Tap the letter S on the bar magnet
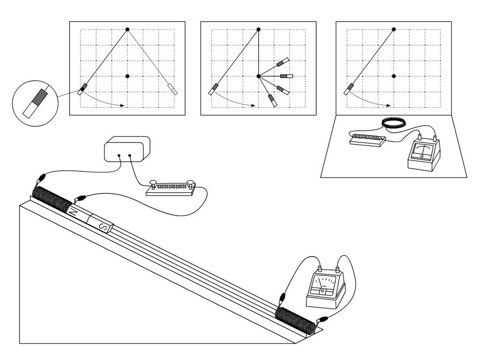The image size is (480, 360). click(x=105, y=228)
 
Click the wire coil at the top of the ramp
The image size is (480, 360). click(x=52, y=200)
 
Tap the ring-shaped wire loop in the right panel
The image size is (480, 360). click(x=394, y=123)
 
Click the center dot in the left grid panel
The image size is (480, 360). click(x=127, y=76)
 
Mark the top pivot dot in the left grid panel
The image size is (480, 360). click(x=127, y=30)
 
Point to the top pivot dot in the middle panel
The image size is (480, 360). click(x=258, y=30)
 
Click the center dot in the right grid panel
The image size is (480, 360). click(x=394, y=76)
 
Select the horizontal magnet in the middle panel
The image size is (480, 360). click(x=286, y=76)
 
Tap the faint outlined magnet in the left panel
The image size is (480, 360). click(x=172, y=89)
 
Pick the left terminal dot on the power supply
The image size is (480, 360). click(x=119, y=155)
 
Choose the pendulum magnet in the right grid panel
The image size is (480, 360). click(x=350, y=89)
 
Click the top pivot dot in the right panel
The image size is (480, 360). click(x=394, y=30)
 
